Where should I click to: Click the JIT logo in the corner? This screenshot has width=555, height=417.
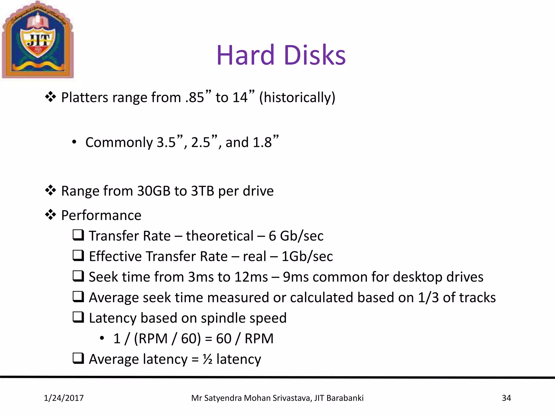38,40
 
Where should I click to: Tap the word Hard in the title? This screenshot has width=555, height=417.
246,55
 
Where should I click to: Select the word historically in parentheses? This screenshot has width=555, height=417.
297,97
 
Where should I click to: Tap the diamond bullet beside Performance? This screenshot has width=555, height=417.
50,215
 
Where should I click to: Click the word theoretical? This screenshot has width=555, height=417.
220,236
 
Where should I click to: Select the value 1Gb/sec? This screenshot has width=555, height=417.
307,256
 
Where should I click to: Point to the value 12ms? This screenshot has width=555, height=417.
251,277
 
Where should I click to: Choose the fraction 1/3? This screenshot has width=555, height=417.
428,298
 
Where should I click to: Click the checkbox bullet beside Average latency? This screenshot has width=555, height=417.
78,358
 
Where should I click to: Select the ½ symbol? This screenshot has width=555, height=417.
208,359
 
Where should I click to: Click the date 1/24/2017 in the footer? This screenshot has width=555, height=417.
64,398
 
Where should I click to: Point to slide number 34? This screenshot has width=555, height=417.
506,398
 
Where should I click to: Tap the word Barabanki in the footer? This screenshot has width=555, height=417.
345,398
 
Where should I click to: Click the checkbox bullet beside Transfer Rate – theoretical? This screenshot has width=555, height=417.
78,235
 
